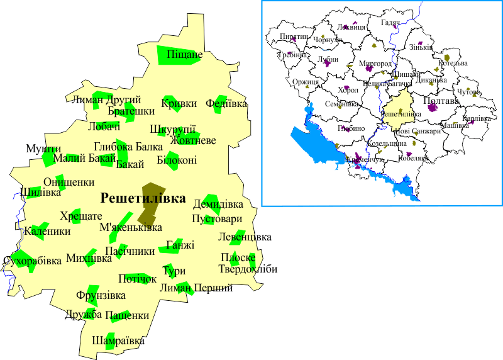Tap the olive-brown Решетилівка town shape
pyautogui.click(x=150, y=201)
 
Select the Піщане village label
pyautogui.click(x=184, y=55)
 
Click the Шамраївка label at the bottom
pyautogui.click(x=118, y=340)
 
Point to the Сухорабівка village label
pyautogui.click(x=33, y=260)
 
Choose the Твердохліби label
pyautogui.click(x=248, y=269)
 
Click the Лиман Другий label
pyautogui.click(x=106, y=100)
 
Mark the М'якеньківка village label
pyautogui.click(x=131, y=227)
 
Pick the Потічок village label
pyautogui.click(x=137, y=278)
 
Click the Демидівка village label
pyautogui.click(x=218, y=205)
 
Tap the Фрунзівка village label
pyautogui.click(x=101, y=295)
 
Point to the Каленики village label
pyautogui.click(x=47, y=231)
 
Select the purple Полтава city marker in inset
pyautogui.click(x=432, y=108)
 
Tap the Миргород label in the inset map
pyautogui.click(x=375, y=64)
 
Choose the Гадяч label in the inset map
pyautogui.click(x=390, y=23)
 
